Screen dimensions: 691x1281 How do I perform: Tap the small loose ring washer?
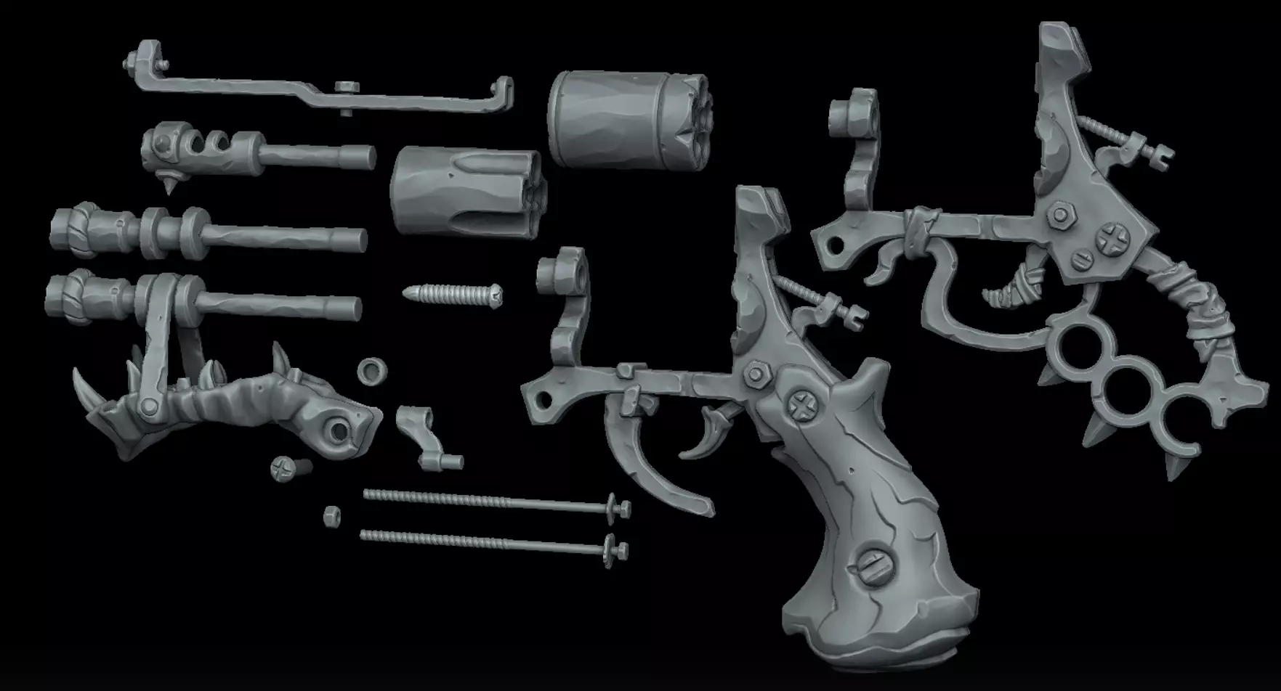click(x=372, y=371)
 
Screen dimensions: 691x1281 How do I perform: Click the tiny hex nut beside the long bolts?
click(x=332, y=516)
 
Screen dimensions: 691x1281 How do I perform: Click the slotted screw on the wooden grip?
click(x=874, y=565)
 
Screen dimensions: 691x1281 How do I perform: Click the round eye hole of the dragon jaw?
click(x=337, y=430)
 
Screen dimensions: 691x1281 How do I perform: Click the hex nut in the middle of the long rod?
click(x=347, y=86)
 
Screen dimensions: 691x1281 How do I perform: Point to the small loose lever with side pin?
click(x=425, y=436)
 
